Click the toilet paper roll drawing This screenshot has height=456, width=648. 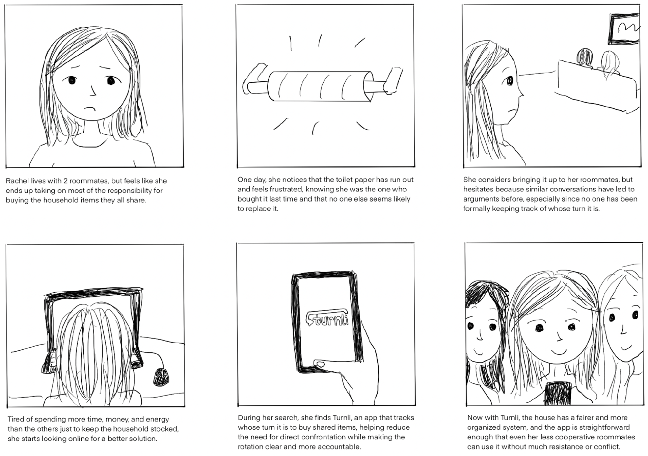[x=320, y=86]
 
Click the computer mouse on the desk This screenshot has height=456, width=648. [x=161, y=377]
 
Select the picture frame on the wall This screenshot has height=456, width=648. [x=624, y=29]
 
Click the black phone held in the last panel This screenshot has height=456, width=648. [x=557, y=393]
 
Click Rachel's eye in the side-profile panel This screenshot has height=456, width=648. [x=509, y=81]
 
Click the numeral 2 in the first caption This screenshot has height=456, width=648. [x=65, y=181]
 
